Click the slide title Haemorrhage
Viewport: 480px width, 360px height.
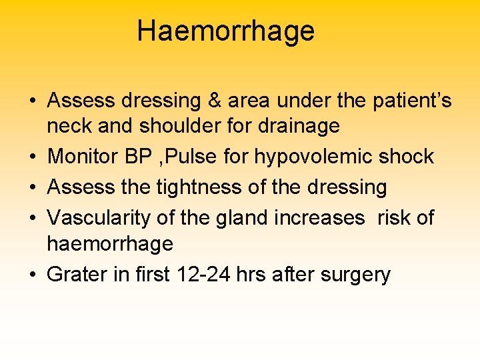click(225, 31)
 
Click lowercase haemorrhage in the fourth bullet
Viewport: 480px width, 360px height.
click(110, 243)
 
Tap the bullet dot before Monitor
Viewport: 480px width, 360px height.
click(32, 157)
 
